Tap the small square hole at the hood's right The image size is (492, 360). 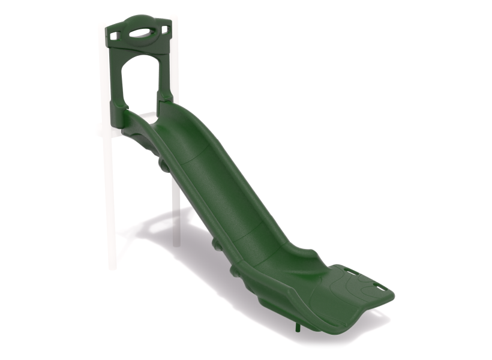[164, 29]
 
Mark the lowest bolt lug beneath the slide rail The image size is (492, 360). [235, 272]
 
